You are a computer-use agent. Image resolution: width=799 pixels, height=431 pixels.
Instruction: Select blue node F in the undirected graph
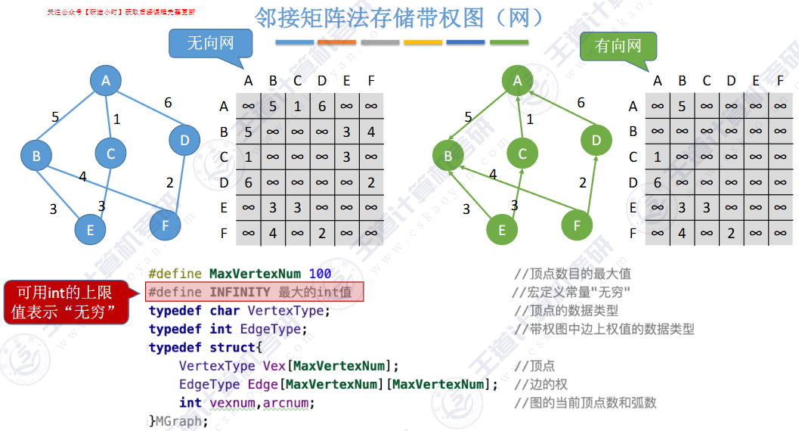point(165,224)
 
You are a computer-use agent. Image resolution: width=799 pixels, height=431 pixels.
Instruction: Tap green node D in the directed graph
point(596,140)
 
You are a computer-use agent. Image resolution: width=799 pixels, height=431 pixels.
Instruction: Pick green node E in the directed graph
point(503,230)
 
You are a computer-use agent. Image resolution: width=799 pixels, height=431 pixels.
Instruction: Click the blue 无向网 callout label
point(210,43)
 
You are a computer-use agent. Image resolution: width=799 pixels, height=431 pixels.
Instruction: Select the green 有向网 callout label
point(618,46)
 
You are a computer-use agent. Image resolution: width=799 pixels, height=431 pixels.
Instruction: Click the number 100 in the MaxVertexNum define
point(320,274)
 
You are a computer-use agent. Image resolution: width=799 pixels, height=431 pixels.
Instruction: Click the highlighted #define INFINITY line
point(255,292)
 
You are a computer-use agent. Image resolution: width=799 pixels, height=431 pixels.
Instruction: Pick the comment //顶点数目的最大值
point(572,274)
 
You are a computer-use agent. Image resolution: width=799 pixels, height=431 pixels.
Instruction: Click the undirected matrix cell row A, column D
point(322,107)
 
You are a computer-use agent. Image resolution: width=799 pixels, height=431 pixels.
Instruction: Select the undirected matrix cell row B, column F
point(371,132)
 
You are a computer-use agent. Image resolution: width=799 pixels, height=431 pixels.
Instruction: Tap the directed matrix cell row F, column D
point(731,234)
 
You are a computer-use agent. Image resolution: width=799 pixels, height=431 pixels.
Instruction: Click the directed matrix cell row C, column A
point(658,157)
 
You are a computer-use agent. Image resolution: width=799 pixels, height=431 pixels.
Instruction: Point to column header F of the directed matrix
point(780,81)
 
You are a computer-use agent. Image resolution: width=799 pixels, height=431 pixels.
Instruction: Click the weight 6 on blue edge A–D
point(168,103)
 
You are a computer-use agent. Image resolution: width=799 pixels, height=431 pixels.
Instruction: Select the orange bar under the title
point(337,42)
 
